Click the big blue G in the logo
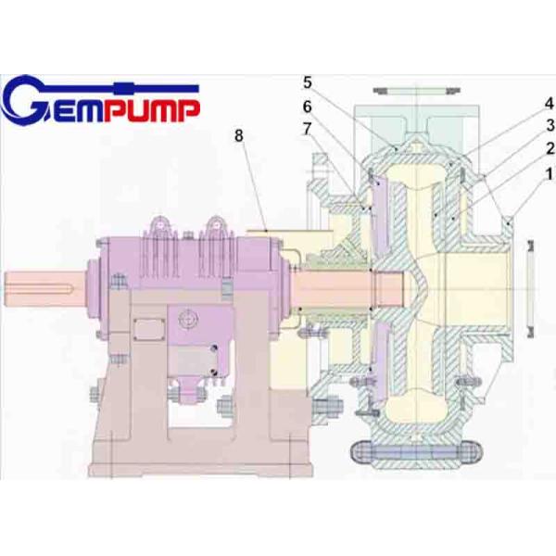click(x=28, y=102)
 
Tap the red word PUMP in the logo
click(x=154, y=110)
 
